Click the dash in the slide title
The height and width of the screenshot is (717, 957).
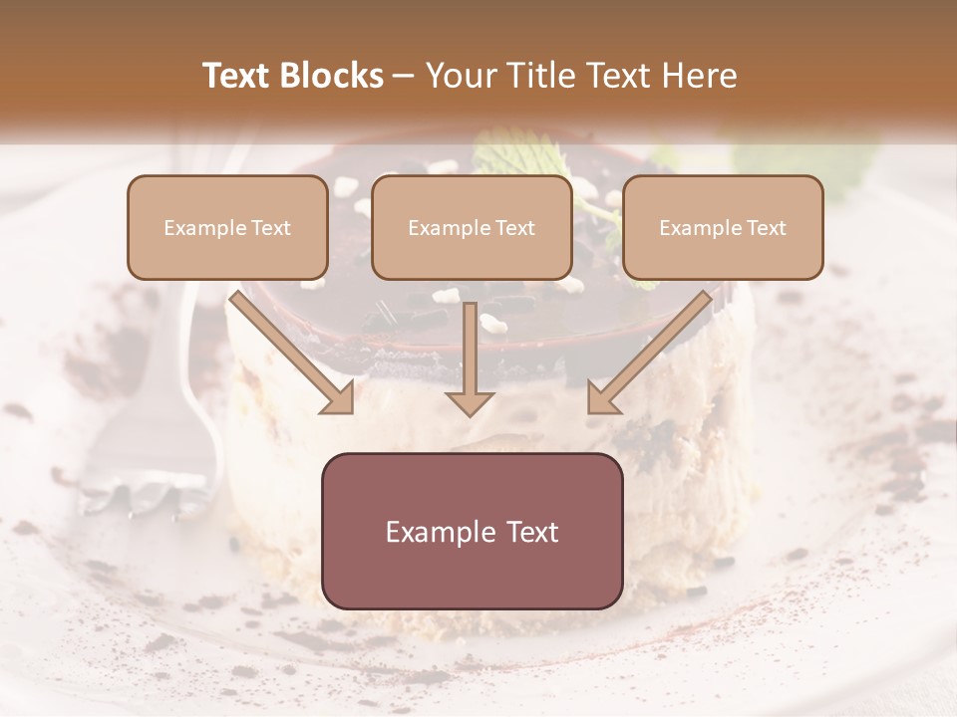point(404,77)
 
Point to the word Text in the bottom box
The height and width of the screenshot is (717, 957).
point(532,532)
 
